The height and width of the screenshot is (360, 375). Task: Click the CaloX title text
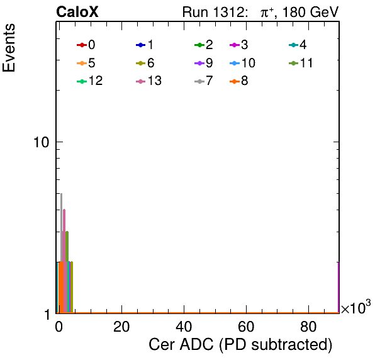(77, 12)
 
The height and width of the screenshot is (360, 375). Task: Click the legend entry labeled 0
(86, 45)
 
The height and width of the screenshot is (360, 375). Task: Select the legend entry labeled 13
(148, 81)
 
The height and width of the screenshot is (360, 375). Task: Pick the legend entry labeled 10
(242, 63)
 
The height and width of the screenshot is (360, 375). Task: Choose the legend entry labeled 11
(301, 63)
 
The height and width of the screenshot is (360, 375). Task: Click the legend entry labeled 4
(298, 45)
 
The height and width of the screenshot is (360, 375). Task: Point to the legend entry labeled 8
(239, 81)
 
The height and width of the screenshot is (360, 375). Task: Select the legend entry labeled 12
(90, 81)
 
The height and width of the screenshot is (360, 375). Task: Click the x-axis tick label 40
(184, 327)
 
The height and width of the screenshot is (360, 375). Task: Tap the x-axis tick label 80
(308, 327)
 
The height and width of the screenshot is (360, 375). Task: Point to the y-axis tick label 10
(42, 142)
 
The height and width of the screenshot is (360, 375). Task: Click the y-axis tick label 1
(47, 315)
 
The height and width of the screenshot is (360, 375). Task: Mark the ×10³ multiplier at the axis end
(355, 307)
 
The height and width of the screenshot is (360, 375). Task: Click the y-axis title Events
(9, 48)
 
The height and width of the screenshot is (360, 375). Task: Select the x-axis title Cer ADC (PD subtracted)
(240, 345)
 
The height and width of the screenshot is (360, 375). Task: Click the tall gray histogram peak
(62, 227)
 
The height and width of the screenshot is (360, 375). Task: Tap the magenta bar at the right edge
(339, 288)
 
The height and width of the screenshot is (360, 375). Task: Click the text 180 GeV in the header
(310, 12)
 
